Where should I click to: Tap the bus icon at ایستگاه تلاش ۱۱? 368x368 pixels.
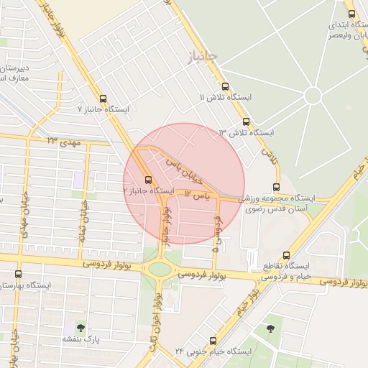(x=225, y=85)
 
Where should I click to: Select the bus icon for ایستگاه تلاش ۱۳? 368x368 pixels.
(x=247, y=121)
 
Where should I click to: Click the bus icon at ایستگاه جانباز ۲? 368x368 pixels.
(x=148, y=180)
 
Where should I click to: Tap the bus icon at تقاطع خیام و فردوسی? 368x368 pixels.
(x=287, y=255)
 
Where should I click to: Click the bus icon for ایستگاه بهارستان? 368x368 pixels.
(x=18, y=274)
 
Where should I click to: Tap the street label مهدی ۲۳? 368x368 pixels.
(x=61, y=139)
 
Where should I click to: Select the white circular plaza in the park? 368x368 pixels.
(x=313, y=95)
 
